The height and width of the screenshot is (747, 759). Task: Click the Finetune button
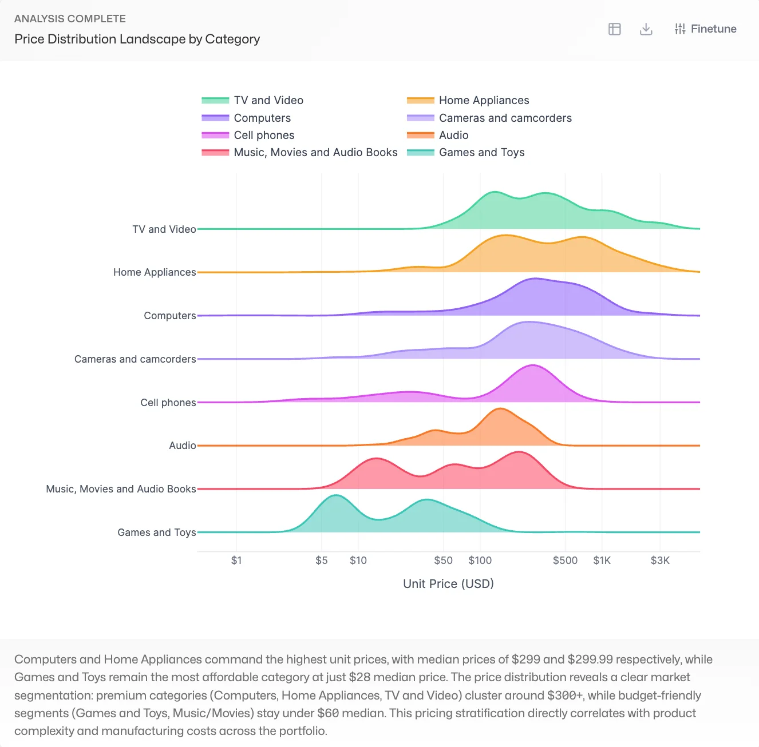(x=705, y=29)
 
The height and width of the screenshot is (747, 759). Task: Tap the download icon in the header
(x=646, y=29)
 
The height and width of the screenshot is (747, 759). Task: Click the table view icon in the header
(x=614, y=29)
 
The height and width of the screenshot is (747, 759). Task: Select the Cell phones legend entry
(x=264, y=136)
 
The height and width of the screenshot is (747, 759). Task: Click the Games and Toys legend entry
(x=481, y=153)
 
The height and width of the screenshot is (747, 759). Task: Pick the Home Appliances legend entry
(x=484, y=101)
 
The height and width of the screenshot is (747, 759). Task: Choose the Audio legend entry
(x=453, y=136)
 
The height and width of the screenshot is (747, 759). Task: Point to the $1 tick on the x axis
(x=236, y=561)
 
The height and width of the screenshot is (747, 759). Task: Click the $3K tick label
(x=659, y=561)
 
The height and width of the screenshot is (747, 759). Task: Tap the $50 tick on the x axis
(x=443, y=561)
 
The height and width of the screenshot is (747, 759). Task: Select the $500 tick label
(x=565, y=561)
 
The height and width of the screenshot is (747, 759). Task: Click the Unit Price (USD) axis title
(x=448, y=584)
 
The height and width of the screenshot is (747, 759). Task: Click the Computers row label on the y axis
(x=169, y=316)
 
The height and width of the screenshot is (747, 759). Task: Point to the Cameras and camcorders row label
(x=135, y=359)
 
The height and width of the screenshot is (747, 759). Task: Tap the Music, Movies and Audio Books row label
(x=121, y=489)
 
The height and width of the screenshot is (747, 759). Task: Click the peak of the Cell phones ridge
(x=533, y=365)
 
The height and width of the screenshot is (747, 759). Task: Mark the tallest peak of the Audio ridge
(x=500, y=409)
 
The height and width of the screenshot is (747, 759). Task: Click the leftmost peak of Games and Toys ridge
(x=336, y=496)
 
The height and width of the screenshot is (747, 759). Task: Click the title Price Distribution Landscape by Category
(x=137, y=39)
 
